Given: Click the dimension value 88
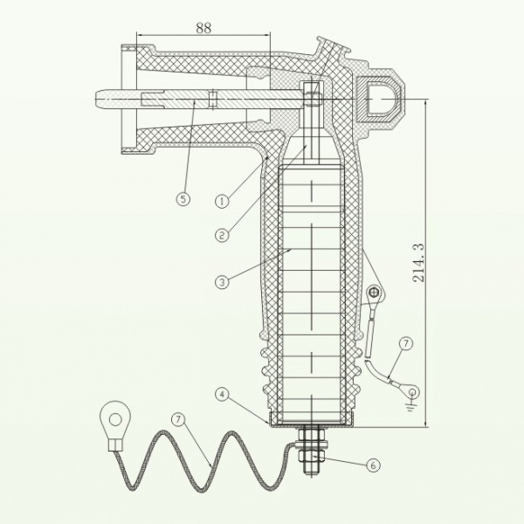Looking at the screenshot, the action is tap(203, 28).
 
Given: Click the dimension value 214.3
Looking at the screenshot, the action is tap(418, 263).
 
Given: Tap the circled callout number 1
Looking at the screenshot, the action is tap(222, 202).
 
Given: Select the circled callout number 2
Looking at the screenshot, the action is tap(222, 235).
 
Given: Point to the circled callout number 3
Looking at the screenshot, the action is tap(222, 282).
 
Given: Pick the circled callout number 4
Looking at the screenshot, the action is tap(222, 395).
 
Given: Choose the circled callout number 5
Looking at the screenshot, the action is tap(183, 199).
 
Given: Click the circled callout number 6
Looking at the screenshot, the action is tap(373, 465).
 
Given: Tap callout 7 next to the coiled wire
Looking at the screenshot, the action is tap(178, 419).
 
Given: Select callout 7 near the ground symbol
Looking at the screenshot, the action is tap(406, 343).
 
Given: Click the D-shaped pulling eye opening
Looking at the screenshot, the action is tap(380, 100).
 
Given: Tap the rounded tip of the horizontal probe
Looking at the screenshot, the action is tap(98, 100).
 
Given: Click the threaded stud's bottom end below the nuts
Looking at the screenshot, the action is tap(311, 472).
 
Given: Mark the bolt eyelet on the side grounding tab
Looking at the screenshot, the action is tap(374, 293).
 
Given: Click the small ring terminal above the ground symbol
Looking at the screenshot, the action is tap(411, 391).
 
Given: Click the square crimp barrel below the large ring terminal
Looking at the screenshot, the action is tap(115, 445).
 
